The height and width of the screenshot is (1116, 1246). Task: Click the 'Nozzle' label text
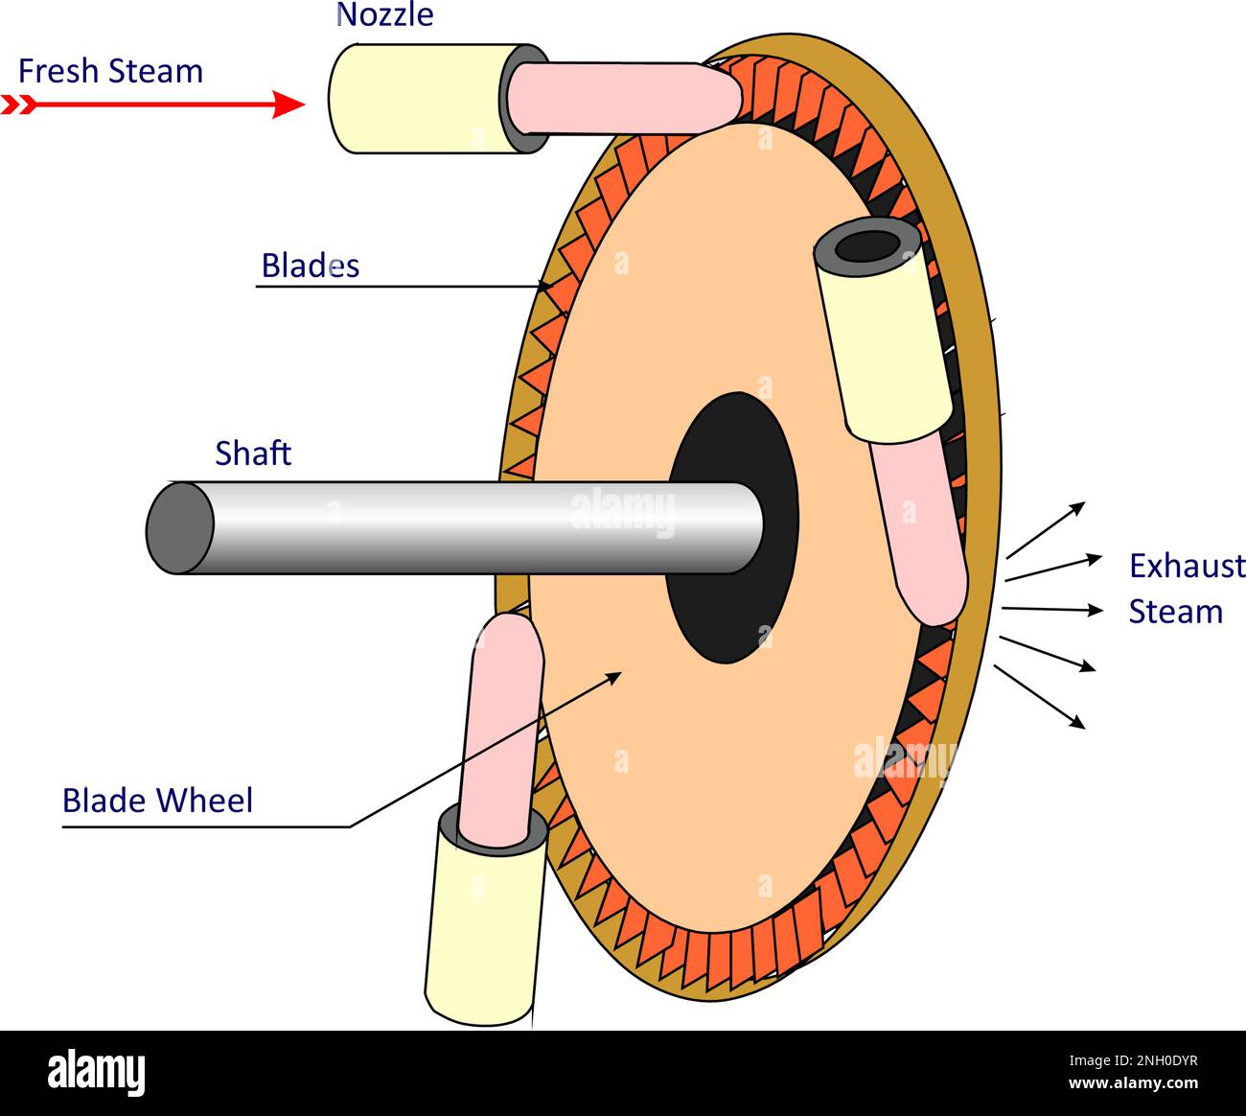pyautogui.click(x=384, y=15)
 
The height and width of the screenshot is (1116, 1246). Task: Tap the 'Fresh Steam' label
pyautogui.click(x=110, y=72)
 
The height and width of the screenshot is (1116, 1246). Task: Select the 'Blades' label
pyautogui.click(x=310, y=266)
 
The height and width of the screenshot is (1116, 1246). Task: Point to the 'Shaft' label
pyautogui.click(x=253, y=453)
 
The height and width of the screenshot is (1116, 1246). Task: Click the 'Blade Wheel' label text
pyautogui.click(x=157, y=801)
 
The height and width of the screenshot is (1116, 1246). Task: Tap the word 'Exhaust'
pyautogui.click(x=1187, y=567)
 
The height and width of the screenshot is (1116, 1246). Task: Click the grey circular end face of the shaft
pyautogui.click(x=179, y=528)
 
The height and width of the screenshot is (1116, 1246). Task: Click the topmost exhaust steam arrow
pyautogui.click(x=1046, y=529)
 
